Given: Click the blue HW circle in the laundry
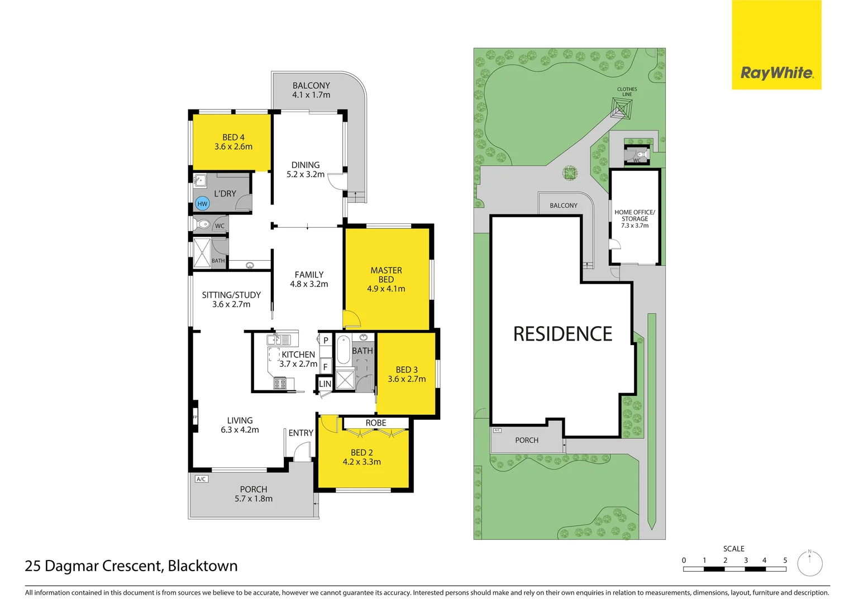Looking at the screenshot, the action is pyautogui.click(x=202, y=204).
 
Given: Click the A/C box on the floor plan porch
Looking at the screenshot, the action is pyautogui.click(x=201, y=479).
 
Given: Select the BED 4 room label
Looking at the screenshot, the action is pyautogui.click(x=233, y=137).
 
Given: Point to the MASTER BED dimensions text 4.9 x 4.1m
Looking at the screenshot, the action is pyautogui.click(x=386, y=289).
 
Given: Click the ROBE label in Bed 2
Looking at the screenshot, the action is pyautogui.click(x=376, y=423).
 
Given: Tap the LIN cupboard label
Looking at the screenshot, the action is pyautogui.click(x=325, y=384).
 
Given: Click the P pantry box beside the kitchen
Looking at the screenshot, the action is pyautogui.click(x=326, y=341).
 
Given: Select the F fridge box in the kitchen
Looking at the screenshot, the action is pyautogui.click(x=325, y=367).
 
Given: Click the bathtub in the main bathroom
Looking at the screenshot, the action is pyautogui.click(x=343, y=350).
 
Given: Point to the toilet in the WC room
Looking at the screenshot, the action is pyautogui.click(x=203, y=224).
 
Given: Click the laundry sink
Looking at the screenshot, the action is pyautogui.click(x=200, y=180).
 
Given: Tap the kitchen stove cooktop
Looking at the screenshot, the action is pyautogui.click(x=280, y=383).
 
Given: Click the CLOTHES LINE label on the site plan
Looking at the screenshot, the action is pyautogui.click(x=627, y=92).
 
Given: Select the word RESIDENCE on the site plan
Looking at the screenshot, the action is pyautogui.click(x=562, y=334).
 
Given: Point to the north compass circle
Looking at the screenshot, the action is pyautogui.click(x=810, y=564).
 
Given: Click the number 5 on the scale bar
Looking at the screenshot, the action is pyautogui.click(x=785, y=561).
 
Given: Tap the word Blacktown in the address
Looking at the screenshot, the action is pyautogui.click(x=203, y=566).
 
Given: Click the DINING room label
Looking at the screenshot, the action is pyautogui.click(x=306, y=165).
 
